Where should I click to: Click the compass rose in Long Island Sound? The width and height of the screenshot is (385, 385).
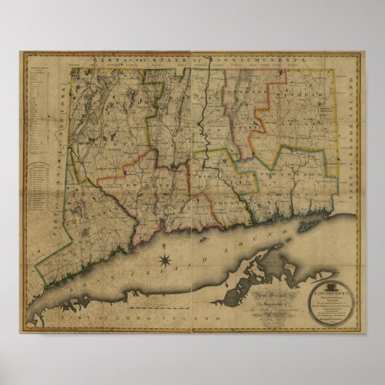(165, 259)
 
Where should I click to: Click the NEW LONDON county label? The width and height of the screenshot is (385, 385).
(291, 175)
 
